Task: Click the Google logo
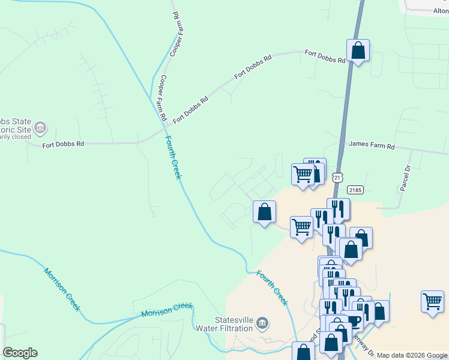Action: (x=20, y=353)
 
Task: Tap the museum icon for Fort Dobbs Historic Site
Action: (x=40, y=127)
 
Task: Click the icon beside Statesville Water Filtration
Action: (x=262, y=323)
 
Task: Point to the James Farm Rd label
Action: (x=372, y=146)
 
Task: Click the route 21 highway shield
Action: (x=339, y=178)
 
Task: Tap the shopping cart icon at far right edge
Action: (x=432, y=301)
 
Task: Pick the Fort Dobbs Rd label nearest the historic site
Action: (x=62, y=144)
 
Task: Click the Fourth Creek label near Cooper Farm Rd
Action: (x=172, y=157)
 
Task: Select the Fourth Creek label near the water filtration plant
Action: (x=273, y=288)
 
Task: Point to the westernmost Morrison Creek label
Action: (x=61, y=289)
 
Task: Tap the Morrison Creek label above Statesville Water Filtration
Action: (x=167, y=310)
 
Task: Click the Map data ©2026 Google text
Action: (x=412, y=355)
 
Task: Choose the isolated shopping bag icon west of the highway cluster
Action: (x=264, y=212)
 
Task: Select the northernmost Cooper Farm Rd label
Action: (x=176, y=35)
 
